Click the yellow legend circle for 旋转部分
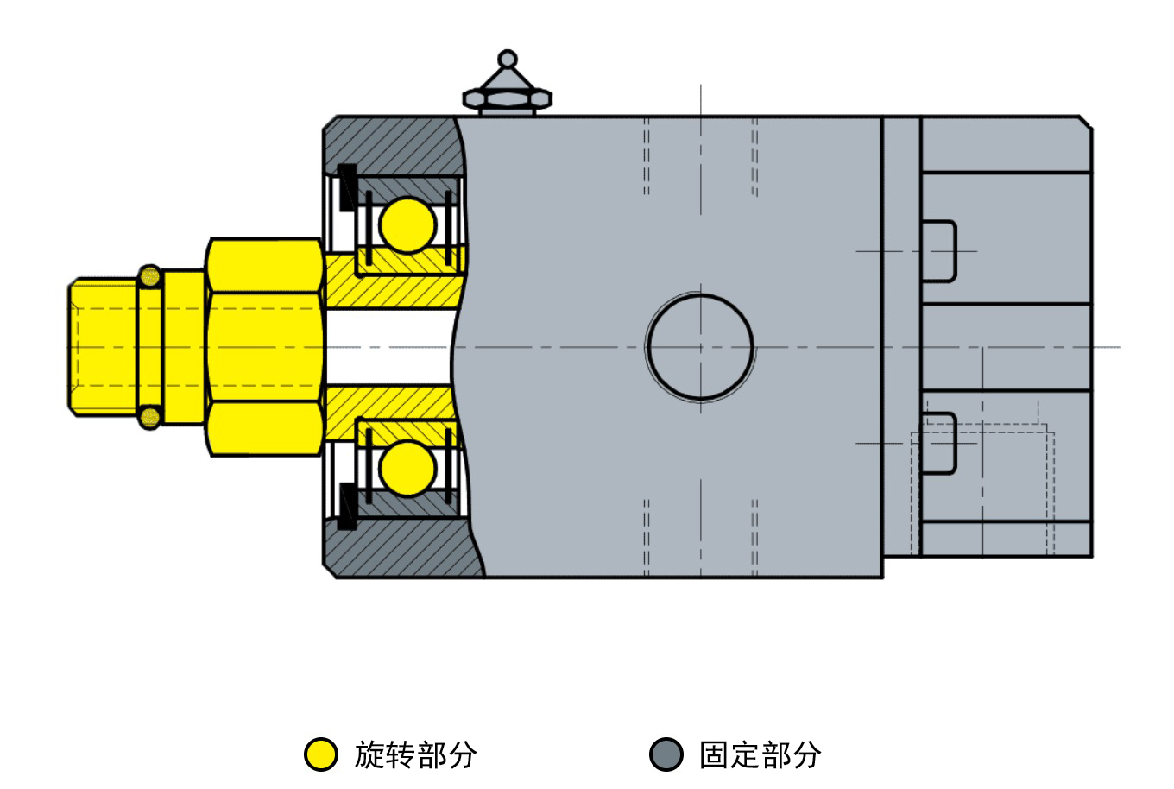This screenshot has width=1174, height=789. click(x=321, y=754)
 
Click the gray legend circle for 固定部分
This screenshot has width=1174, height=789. click(x=666, y=754)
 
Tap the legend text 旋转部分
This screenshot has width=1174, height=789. click(x=415, y=755)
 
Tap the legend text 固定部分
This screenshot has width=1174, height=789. click(x=761, y=755)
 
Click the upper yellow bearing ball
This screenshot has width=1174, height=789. click(x=407, y=225)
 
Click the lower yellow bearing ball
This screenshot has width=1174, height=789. click(x=407, y=468)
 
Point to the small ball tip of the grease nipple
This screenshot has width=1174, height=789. click(x=507, y=59)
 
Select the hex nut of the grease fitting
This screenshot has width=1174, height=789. click(x=507, y=98)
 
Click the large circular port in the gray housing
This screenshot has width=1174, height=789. click(x=700, y=347)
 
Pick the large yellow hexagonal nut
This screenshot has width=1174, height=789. click(x=264, y=347)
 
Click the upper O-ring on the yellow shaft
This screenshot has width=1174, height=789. click(x=150, y=276)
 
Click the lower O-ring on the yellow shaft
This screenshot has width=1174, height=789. click(x=150, y=418)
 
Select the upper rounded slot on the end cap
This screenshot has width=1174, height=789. click(x=938, y=251)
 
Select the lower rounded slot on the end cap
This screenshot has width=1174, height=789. click(x=938, y=444)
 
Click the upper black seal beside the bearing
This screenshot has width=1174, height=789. click(x=347, y=187)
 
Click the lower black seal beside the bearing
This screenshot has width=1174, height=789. click(x=347, y=507)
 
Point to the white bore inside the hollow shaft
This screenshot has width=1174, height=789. click(x=388, y=347)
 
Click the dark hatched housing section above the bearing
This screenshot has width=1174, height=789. click(x=393, y=145)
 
